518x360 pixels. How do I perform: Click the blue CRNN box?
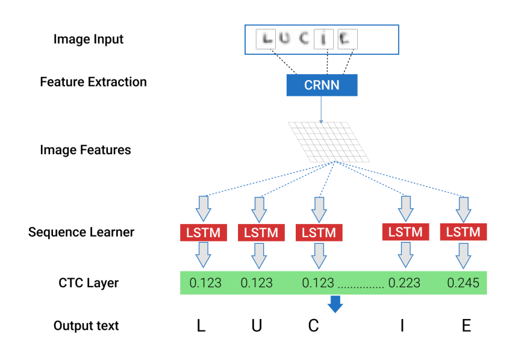tap(322, 85)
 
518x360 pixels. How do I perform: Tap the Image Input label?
tap(88, 40)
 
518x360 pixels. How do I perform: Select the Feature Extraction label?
tap(93, 82)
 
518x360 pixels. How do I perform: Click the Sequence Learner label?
tap(81, 232)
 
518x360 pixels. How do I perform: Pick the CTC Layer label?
tap(89, 282)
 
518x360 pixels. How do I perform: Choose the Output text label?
tap(86, 326)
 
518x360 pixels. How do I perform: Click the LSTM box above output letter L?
tap(202, 232)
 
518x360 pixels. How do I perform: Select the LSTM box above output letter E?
tap(463, 232)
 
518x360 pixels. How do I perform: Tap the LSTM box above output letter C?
tap(319, 232)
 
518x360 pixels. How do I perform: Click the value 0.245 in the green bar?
tap(463, 282)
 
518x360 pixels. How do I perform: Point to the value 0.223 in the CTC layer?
tap(404, 282)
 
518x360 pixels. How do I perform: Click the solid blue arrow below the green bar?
tap(335, 305)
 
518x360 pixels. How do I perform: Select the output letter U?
tap(257, 326)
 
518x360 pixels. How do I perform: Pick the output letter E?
tap(466, 326)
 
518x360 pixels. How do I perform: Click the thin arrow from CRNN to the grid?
tap(321, 109)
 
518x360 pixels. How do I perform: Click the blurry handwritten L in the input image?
tap(266, 39)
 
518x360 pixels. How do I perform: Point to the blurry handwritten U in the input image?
tap(285, 39)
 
